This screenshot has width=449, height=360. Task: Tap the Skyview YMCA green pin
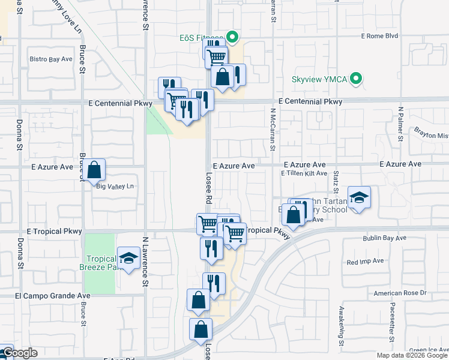356,79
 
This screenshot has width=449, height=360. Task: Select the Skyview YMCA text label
319,79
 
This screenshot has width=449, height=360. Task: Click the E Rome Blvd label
379,36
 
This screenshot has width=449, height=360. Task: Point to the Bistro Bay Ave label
51,59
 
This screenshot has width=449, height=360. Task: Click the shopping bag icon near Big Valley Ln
94,170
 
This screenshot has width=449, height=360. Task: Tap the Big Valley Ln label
115,187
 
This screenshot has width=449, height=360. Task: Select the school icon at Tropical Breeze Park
128,259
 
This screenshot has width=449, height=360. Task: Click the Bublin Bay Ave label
384,239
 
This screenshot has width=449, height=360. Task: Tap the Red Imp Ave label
365,262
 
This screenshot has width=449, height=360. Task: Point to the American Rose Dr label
399,293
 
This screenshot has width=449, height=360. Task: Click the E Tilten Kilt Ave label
304,173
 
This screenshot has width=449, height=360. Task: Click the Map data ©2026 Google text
412,355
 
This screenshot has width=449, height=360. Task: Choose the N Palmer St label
400,127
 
